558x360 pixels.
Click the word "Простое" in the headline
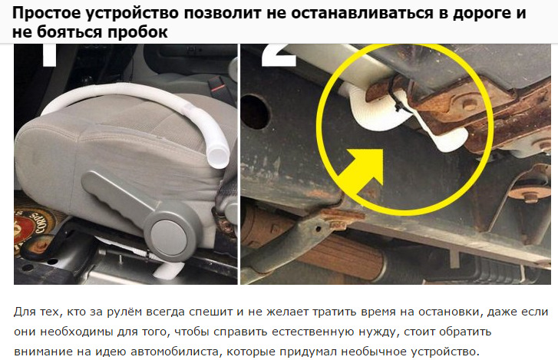(46, 14)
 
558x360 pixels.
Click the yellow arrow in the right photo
(361, 171)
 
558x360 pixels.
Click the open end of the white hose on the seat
(217, 158)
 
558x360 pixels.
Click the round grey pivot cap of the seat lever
(168, 239)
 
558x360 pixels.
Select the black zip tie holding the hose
(394, 97)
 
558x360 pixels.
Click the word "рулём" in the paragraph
(123, 312)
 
